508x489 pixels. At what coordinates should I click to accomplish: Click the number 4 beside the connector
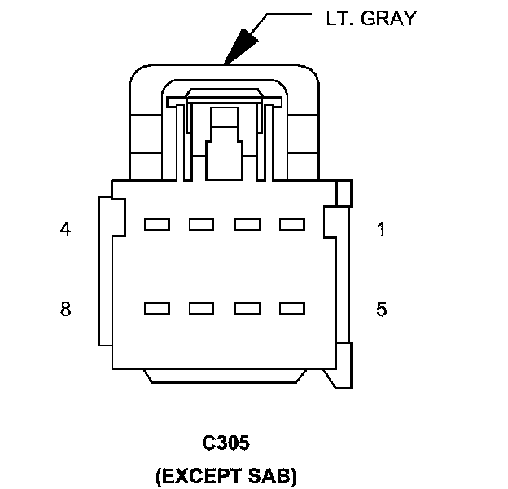coord(65,229)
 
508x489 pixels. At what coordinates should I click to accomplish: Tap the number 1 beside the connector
coord(381,229)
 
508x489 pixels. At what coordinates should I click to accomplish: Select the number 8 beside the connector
coord(65,309)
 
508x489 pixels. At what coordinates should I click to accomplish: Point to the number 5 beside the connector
coord(381,309)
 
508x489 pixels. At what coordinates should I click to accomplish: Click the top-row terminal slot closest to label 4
coord(156,224)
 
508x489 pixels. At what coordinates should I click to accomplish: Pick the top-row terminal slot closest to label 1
coord(291,224)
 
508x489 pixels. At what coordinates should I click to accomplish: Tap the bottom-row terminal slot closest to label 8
coord(156,309)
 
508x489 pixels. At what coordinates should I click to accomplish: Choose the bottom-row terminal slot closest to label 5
coord(291,309)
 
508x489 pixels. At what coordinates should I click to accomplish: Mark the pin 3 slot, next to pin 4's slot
coord(201,224)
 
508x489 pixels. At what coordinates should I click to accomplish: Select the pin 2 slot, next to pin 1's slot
coord(246,224)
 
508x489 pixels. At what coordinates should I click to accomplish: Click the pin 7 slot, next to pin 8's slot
coord(201,309)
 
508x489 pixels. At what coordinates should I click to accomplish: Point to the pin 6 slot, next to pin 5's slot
coord(246,309)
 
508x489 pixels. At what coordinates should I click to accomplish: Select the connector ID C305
coord(226,443)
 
